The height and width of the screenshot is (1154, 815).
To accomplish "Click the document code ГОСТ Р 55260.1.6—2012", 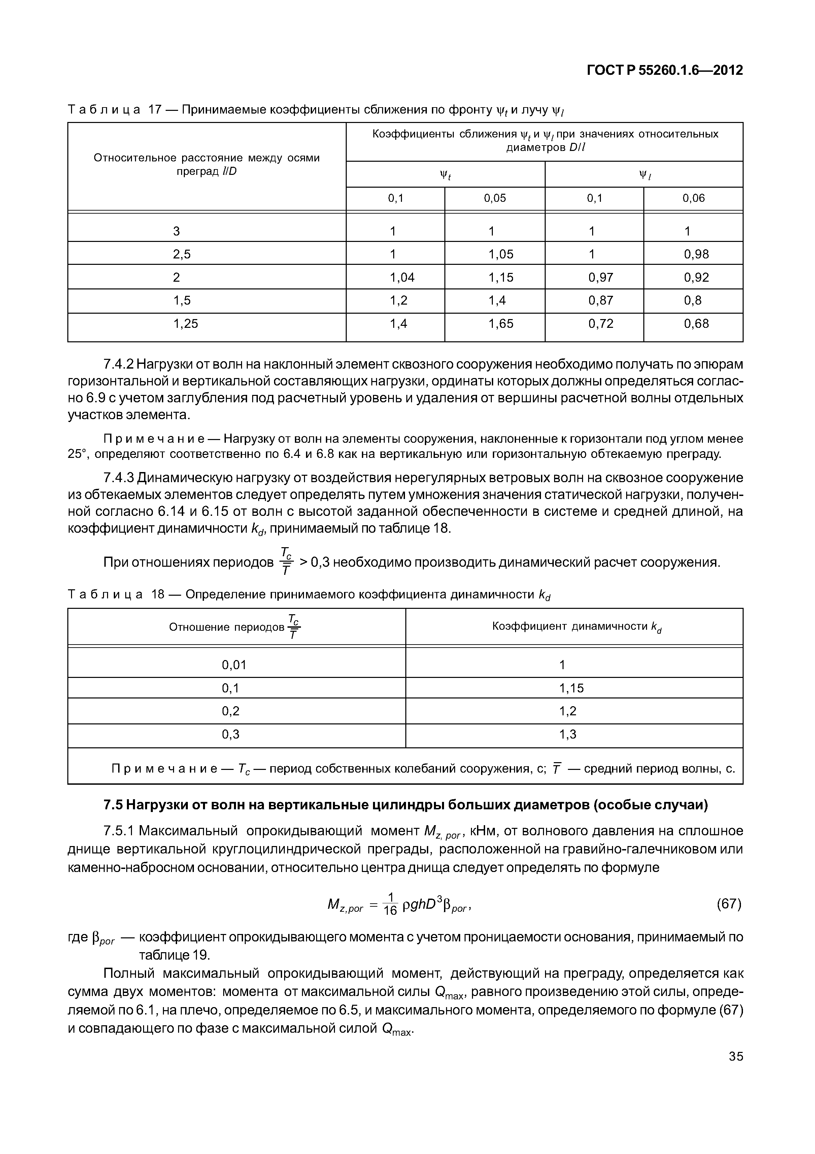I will click(x=664, y=70).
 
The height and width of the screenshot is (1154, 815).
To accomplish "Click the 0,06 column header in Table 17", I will click(x=693, y=198).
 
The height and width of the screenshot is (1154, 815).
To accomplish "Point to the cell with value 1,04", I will click(x=402, y=277).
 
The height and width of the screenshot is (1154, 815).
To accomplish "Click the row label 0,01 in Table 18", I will click(x=234, y=665).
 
